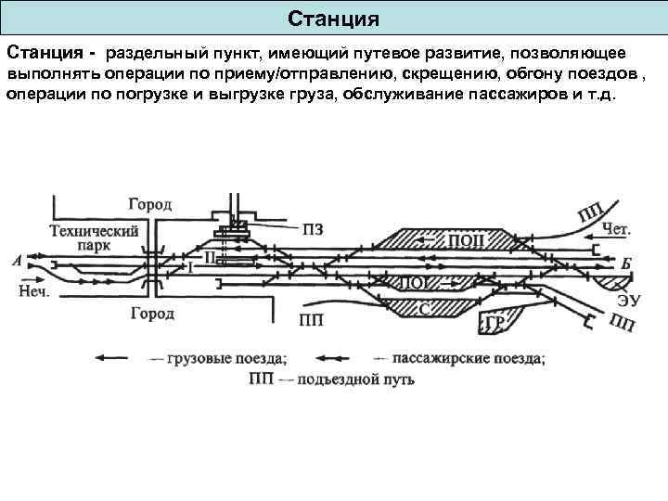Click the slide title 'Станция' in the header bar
[x=333, y=19]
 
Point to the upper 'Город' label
[x=148, y=204]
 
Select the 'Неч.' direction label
[x=34, y=290]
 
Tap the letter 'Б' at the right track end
[x=626, y=263]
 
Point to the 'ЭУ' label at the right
[x=629, y=300]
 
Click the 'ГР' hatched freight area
[x=495, y=322]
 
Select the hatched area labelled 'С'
[x=425, y=308]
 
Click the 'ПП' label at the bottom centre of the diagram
[x=312, y=322]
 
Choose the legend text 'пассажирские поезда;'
[x=469, y=356]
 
